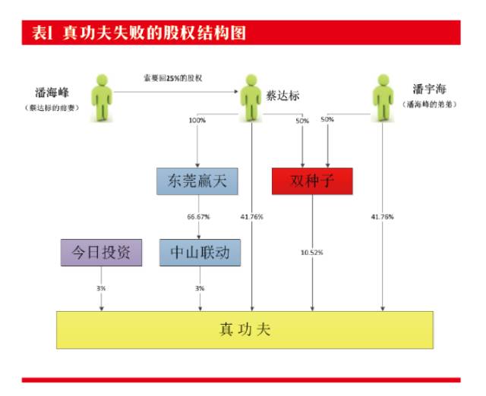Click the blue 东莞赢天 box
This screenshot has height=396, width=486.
(x=197, y=181)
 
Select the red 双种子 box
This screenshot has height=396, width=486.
(x=312, y=181)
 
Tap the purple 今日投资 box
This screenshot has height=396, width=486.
(x=101, y=252)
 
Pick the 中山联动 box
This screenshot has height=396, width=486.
(x=200, y=252)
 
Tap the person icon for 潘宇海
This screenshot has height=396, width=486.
(x=382, y=96)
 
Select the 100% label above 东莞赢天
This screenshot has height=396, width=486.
(x=197, y=120)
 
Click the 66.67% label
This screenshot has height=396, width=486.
(x=199, y=217)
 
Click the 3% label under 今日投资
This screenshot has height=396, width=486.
(x=101, y=289)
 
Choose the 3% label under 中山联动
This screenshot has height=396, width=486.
(x=200, y=289)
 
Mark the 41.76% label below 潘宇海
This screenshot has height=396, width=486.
(x=382, y=217)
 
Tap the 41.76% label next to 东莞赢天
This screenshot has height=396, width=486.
(x=251, y=217)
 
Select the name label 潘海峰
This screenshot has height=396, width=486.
(x=50, y=94)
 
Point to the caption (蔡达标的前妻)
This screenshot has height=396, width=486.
(x=50, y=108)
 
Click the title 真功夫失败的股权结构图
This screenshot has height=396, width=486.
(x=137, y=33)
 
